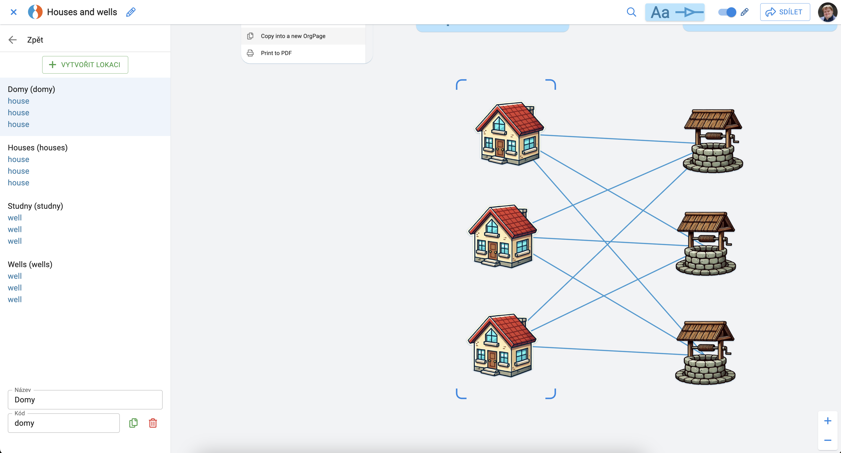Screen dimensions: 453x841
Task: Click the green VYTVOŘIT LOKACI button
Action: (85, 64)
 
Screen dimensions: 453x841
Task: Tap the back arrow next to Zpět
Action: (12, 40)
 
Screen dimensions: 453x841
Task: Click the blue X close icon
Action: (13, 12)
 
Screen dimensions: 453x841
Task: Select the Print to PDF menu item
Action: (276, 53)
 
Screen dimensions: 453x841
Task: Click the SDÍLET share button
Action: (785, 12)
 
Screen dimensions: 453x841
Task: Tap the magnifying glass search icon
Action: (631, 12)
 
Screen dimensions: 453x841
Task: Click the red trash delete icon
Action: (153, 423)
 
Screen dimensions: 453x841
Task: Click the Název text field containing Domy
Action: (85, 399)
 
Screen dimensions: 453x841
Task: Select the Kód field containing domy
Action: (64, 423)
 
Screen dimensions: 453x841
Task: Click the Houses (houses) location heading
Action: (37, 147)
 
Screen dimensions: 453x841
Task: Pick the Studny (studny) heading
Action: (35, 206)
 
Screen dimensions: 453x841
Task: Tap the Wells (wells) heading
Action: (30, 264)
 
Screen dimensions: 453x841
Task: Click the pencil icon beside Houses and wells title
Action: (131, 12)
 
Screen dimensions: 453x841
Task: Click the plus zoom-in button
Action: (827, 421)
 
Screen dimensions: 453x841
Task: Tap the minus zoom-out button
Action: (827, 440)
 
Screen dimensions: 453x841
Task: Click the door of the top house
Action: (499, 148)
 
